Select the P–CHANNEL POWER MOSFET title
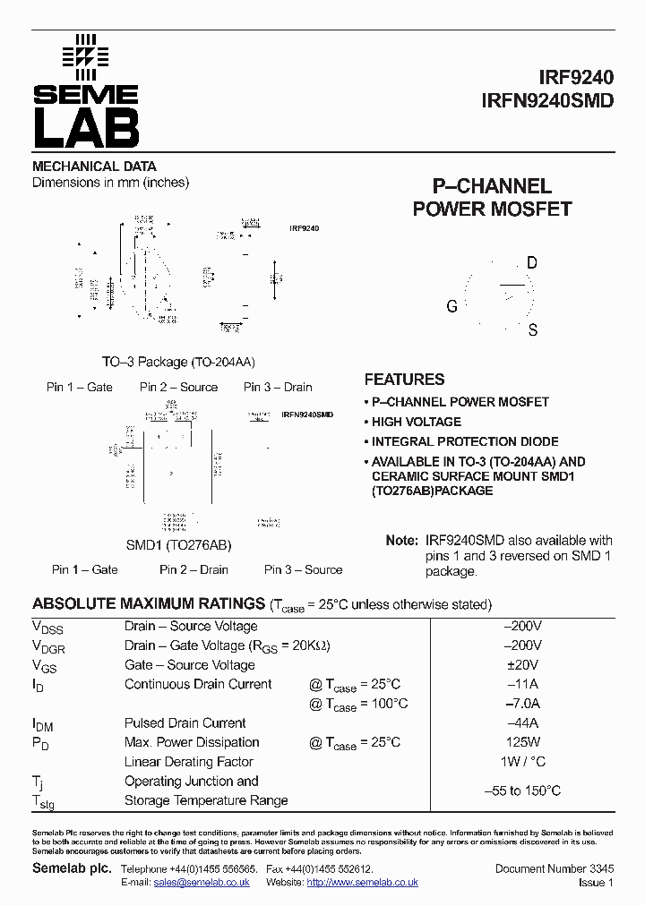click(492, 198)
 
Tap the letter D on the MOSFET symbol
click(532, 262)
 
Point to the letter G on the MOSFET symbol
click(451, 306)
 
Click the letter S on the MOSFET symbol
click(533, 330)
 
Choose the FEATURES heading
click(404, 379)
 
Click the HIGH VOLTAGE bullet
click(417, 422)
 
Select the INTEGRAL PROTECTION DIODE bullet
click(465, 441)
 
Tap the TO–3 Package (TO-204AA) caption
click(178, 362)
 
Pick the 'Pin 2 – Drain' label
click(193, 569)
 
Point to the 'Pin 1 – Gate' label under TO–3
click(80, 387)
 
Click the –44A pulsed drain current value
click(522, 723)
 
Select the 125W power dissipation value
click(522, 742)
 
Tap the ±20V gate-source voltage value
click(522, 665)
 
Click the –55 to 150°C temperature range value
click(522, 791)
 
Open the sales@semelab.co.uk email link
click(202, 882)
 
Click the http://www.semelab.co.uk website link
click(362, 882)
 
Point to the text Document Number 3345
click(554, 869)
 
